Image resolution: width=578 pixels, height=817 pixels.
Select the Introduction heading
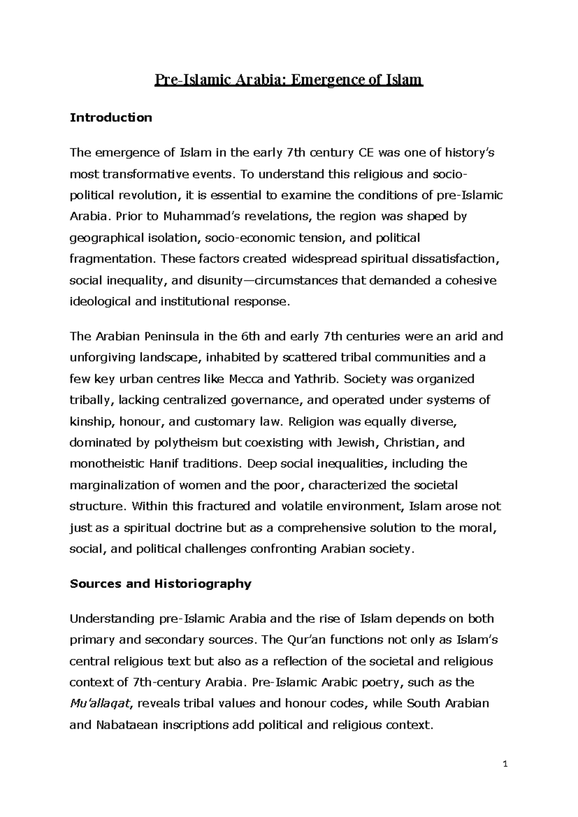click(111, 118)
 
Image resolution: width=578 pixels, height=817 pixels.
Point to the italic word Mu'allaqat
click(100, 704)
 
